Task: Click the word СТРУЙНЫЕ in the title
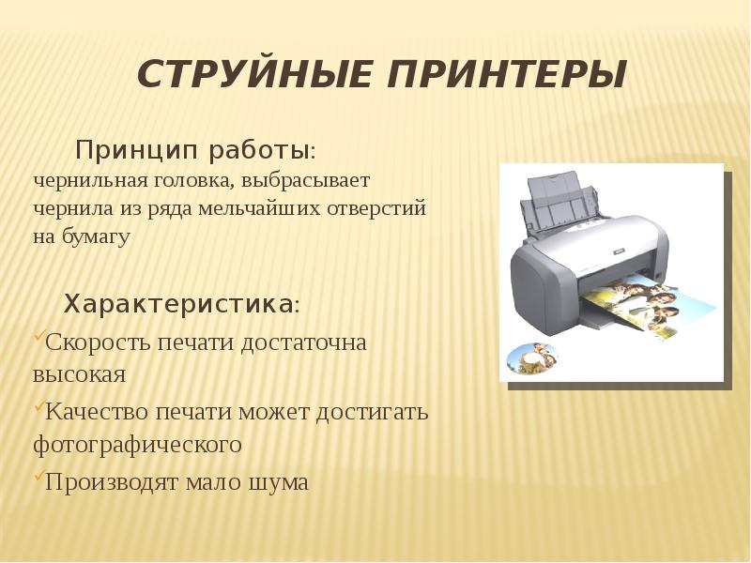(254, 74)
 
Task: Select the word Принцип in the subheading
(136, 151)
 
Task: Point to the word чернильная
(88, 181)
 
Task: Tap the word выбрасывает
(306, 182)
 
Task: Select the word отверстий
(376, 208)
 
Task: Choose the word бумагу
(96, 237)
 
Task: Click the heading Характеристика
(178, 303)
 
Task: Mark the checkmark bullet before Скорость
(38, 337)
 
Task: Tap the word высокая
(79, 374)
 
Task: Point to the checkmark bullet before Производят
(38, 476)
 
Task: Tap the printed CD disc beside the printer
(532, 358)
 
